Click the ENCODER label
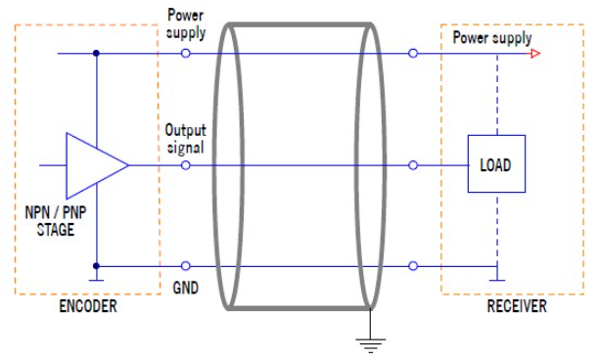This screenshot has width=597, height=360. click(88, 306)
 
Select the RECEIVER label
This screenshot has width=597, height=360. click(517, 306)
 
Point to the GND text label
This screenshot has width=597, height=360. click(186, 288)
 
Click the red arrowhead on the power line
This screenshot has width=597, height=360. click(535, 53)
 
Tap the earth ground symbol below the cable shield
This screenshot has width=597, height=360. click(371, 345)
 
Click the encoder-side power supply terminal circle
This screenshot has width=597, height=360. click(185, 53)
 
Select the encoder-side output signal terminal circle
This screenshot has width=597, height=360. click(185, 165)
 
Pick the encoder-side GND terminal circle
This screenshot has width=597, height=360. click(185, 266)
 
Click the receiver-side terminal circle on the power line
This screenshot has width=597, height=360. click(413, 53)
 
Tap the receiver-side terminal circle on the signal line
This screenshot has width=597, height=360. click(413, 165)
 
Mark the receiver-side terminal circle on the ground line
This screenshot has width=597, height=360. click(413, 266)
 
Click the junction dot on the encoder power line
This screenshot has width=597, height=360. click(96, 53)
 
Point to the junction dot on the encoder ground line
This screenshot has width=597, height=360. click(96, 266)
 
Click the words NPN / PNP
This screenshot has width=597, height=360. click(56, 212)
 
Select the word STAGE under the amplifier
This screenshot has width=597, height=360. click(56, 230)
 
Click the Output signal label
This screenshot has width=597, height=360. click(185, 139)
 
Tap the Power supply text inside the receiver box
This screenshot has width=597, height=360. click(492, 38)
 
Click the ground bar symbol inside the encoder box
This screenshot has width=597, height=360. click(96, 280)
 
